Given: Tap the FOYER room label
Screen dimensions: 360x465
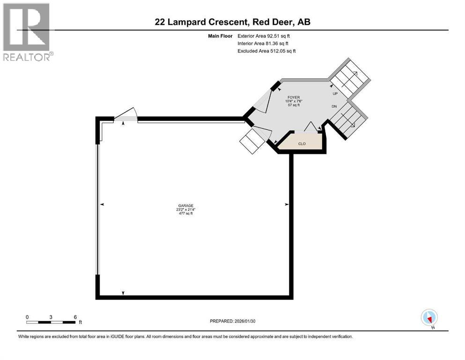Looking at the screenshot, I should (294, 97).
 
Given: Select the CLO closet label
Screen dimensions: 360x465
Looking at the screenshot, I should (302, 143).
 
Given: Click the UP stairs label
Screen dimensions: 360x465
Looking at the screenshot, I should (335, 93).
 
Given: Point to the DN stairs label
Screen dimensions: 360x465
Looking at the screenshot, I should (334, 106).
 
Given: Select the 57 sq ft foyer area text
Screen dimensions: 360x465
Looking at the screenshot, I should (294, 105).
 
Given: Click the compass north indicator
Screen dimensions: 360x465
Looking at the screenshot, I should (429, 317).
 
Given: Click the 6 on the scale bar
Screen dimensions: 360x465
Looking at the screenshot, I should (75, 316).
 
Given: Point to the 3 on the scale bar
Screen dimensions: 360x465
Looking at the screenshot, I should (51, 316).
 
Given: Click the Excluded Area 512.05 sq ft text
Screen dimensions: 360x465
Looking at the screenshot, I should (266, 51).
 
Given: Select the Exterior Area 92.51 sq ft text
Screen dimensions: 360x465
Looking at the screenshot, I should (267, 36).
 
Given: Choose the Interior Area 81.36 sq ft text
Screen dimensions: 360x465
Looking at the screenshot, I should (266, 44).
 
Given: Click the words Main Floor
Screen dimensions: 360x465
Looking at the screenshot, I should (220, 36).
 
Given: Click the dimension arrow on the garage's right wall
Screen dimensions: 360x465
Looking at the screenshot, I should (287, 204).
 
